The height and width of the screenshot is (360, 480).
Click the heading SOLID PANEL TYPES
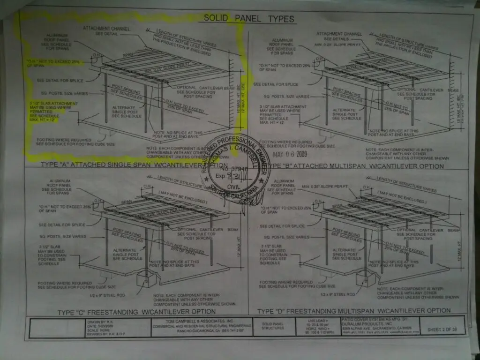pos(249,19)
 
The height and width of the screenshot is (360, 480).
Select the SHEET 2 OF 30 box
pos(442,330)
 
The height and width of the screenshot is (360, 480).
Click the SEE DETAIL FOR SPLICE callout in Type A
pos(59,80)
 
